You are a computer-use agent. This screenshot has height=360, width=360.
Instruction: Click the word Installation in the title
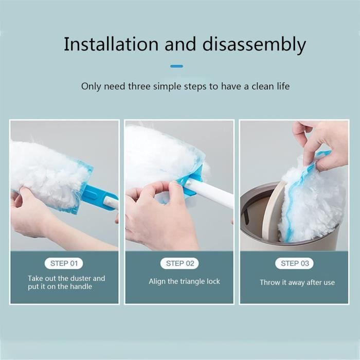[111, 44]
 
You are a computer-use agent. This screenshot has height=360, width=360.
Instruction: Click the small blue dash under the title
[177, 66]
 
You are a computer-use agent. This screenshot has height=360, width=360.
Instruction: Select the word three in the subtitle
[140, 86]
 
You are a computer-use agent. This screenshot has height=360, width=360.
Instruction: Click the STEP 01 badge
[64, 263]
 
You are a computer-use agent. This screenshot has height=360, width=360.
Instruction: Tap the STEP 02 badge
[180, 263]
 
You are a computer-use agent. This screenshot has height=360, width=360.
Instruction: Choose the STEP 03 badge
[295, 263]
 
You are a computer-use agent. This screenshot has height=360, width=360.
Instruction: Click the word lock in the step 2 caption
[213, 281]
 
